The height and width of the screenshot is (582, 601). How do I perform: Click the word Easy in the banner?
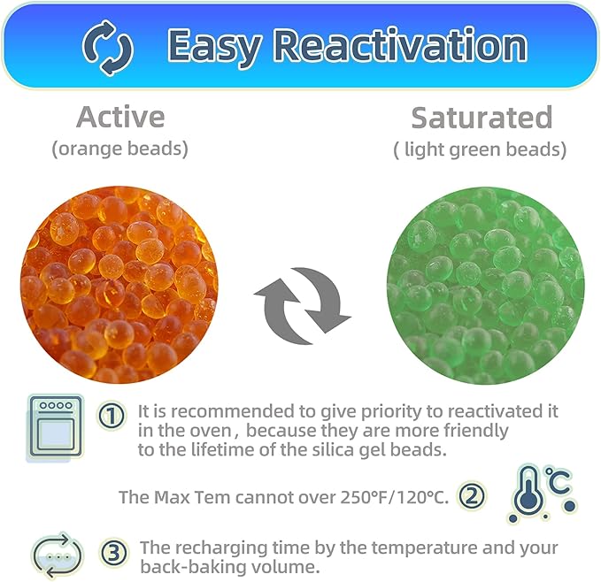point(218,45)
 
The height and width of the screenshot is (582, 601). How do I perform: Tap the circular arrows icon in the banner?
point(107,46)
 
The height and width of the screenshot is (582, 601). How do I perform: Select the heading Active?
point(120,117)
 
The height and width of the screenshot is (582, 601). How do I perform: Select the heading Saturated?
point(482,117)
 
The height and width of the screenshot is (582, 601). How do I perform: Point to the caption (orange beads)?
point(120,149)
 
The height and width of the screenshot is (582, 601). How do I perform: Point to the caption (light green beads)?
point(480,149)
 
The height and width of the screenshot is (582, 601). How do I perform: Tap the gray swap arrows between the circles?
point(302,301)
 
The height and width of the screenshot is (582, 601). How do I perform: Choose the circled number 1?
point(111,415)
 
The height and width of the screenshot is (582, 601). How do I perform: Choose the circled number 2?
point(472,496)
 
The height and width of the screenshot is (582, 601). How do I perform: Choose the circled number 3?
point(112,553)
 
